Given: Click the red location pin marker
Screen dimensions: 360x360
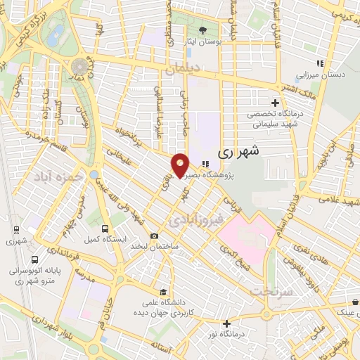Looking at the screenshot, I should click(x=181, y=165).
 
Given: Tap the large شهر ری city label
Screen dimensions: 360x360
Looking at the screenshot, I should click(x=238, y=150).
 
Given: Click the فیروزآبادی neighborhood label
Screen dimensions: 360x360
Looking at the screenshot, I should click(x=196, y=220).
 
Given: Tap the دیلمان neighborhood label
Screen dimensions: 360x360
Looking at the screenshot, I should click(x=184, y=69).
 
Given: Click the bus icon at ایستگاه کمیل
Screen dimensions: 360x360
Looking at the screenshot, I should click(x=105, y=229).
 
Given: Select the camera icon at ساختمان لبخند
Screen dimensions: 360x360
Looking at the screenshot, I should click(x=154, y=236).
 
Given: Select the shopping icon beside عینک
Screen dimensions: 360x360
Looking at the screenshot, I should click(x=356, y=303).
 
